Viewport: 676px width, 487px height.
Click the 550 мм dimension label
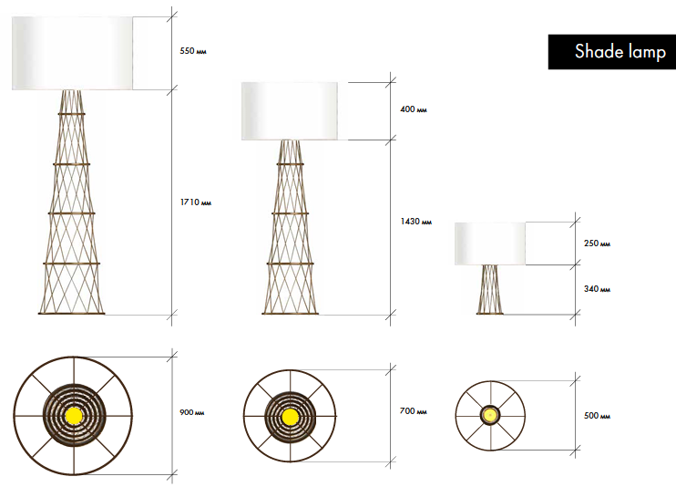pyautogui.click(x=193, y=51)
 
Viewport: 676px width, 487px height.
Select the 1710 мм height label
pyautogui.click(x=196, y=202)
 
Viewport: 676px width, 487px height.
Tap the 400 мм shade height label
pyautogui.click(x=414, y=109)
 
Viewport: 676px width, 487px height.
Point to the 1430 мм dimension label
pyautogui.click(x=416, y=222)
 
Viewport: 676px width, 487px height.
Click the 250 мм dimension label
pyautogui.click(x=597, y=243)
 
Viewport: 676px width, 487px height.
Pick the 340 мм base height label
pyautogui.click(x=597, y=289)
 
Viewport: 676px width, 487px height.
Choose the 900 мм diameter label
pyautogui.click(x=192, y=412)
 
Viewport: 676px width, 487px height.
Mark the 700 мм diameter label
pyautogui.click(x=413, y=411)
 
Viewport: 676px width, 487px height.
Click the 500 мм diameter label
pyautogui.click(x=597, y=416)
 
